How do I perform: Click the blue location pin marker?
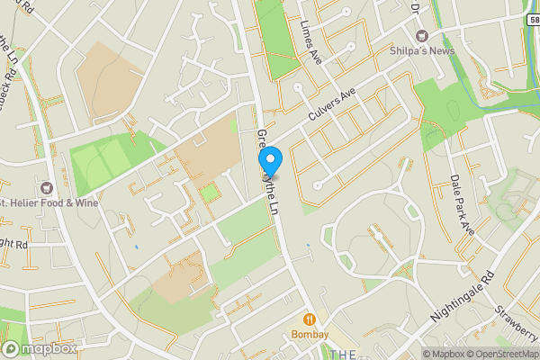[270, 160]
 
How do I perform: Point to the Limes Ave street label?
[311, 41]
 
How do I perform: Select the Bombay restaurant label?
[310, 335]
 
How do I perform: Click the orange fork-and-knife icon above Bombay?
[310, 319]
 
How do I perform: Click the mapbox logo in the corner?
[40, 348]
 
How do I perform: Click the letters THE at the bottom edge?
[343, 355]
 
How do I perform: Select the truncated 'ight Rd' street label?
[14, 243]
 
